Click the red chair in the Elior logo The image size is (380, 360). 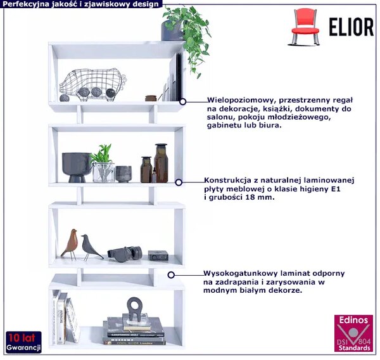click(x=305, y=27)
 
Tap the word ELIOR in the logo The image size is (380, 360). click(x=351, y=27)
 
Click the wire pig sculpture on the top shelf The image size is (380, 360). click(x=92, y=84)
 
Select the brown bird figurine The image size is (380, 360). click(x=70, y=244)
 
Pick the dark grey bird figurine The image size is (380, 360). click(x=90, y=247)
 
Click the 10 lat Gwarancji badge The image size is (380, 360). click(x=24, y=342)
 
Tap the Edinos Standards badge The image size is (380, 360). click(x=354, y=333)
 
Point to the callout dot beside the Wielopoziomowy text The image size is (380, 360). click(x=183, y=101)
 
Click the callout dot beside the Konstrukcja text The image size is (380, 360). click(x=179, y=183)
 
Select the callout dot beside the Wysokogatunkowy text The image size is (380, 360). click(x=171, y=275)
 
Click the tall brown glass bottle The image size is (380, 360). click(x=161, y=163)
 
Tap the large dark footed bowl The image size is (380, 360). click(x=77, y=167)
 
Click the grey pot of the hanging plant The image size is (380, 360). click(x=172, y=30)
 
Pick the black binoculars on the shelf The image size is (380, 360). click(x=125, y=254)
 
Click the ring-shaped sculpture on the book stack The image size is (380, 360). click(x=134, y=309)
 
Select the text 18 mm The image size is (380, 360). click(x=260, y=197)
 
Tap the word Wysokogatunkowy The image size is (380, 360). click(x=241, y=273)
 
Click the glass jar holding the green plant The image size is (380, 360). click(x=103, y=172)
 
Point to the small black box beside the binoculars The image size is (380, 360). click(x=158, y=255)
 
